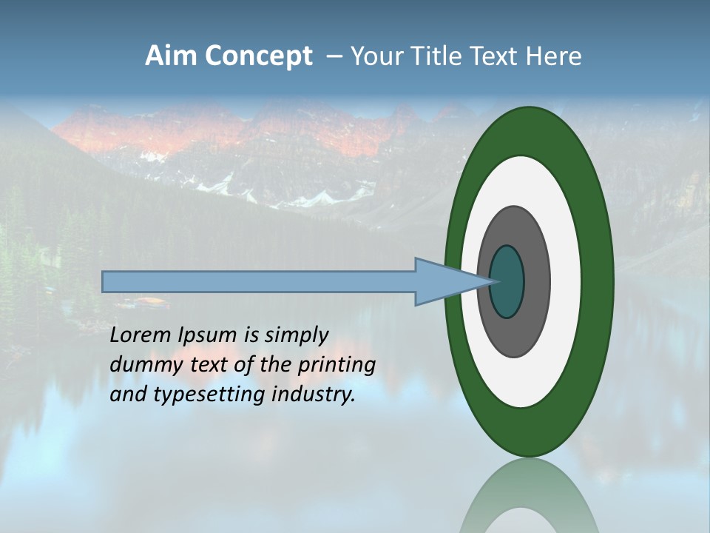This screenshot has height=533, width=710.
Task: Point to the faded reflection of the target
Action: point(529,496)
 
